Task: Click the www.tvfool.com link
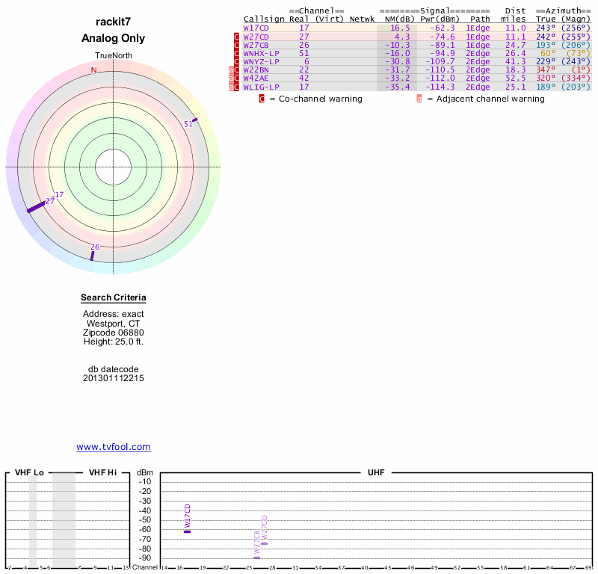click(114, 447)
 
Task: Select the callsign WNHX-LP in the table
click(260, 53)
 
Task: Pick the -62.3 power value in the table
click(437, 28)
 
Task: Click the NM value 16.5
click(401, 28)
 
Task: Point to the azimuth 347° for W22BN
click(545, 70)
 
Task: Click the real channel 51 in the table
click(303, 53)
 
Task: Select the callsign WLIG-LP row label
click(260, 87)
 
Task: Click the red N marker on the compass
click(94, 70)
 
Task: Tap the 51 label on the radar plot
click(188, 124)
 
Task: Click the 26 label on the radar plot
click(95, 247)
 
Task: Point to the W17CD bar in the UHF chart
click(188, 531)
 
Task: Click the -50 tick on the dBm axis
click(145, 520)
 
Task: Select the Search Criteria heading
click(114, 298)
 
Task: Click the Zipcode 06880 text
click(114, 333)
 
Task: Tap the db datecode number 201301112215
click(114, 378)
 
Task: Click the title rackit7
click(114, 22)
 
